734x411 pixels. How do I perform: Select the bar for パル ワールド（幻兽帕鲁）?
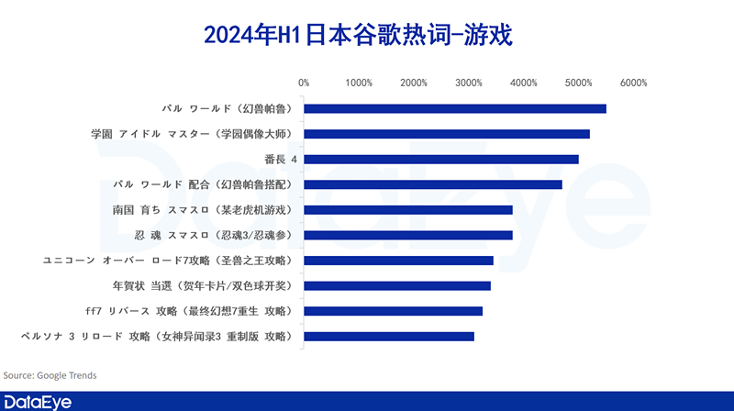tap(455, 108)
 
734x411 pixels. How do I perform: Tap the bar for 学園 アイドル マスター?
tap(447, 134)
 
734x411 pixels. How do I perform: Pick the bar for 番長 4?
tap(441, 159)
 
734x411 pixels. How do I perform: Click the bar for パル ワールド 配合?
tap(433, 184)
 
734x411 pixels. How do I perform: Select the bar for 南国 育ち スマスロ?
tap(408, 210)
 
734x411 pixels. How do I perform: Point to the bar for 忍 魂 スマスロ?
tap(408, 235)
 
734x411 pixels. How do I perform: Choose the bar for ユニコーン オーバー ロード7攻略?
tap(399, 261)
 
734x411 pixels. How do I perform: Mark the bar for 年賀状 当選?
tap(397, 285)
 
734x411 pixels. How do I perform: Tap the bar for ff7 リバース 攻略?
tap(394, 311)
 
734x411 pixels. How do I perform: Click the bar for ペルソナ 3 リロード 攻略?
tap(389, 337)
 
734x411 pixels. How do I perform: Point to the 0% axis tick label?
tap(304, 83)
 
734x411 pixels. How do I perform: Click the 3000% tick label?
tap(469, 83)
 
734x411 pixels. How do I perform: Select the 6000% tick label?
tap(633, 83)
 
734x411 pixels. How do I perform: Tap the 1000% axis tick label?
tap(359, 83)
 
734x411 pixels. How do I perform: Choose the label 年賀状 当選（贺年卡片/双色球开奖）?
tap(202, 285)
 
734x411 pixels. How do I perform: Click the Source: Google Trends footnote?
tap(50, 375)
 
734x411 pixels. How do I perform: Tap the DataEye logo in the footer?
tap(39, 401)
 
